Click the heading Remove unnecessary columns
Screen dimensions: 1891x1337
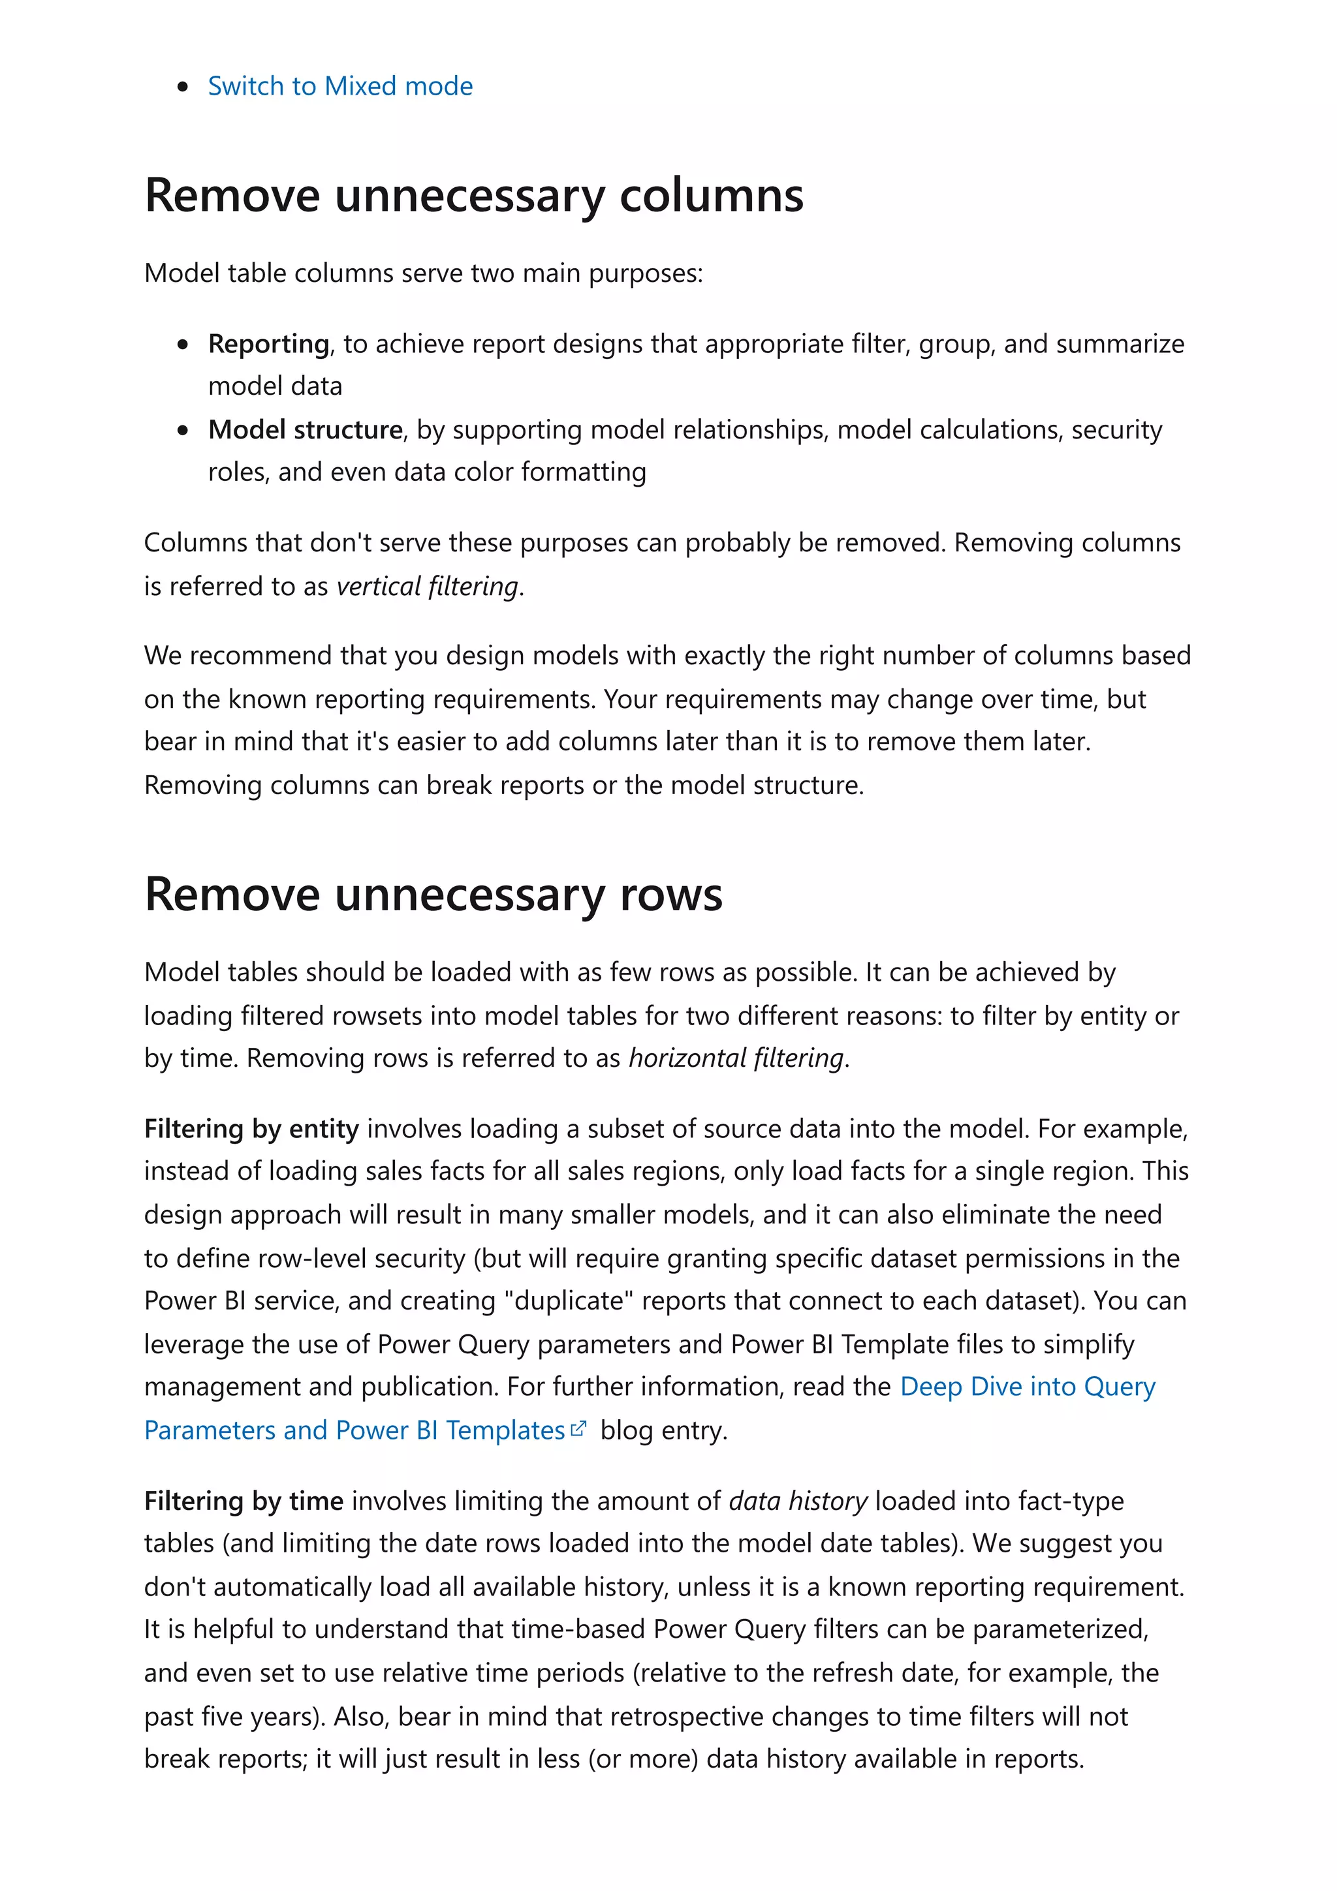tap(474, 195)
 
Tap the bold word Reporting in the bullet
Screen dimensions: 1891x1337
tap(268, 343)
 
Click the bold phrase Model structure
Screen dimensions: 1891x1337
tap(305, 429)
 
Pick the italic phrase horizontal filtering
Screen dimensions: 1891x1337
tap(736, 1058)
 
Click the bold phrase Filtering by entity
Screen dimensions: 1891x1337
tap(251, 1128)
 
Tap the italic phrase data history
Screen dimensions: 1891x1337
tap(797, 1501)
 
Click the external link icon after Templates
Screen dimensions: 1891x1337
tap(578, 1429)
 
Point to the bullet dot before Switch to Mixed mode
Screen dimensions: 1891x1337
tap(183, 87)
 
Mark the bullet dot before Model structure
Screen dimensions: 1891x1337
tap(183, 430)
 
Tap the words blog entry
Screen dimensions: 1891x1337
tap(663, 1430)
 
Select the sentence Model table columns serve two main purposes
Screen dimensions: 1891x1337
tap(424, 273)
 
